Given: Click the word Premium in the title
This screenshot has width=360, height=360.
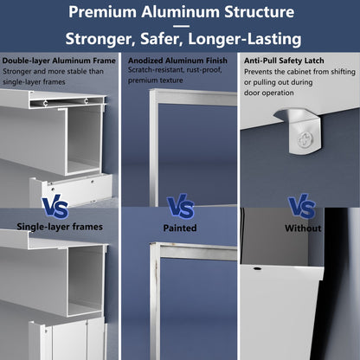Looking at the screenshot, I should pos(106,13).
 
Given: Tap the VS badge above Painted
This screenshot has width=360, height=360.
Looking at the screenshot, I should pos(180,207).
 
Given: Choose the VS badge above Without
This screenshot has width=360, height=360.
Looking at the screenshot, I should pos(301,207).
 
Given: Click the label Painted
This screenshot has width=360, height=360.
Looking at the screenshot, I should pos(180,228).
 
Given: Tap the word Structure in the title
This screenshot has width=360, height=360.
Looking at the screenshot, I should pos(258,13).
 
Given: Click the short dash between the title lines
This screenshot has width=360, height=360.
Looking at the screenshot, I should pos(180,26).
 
